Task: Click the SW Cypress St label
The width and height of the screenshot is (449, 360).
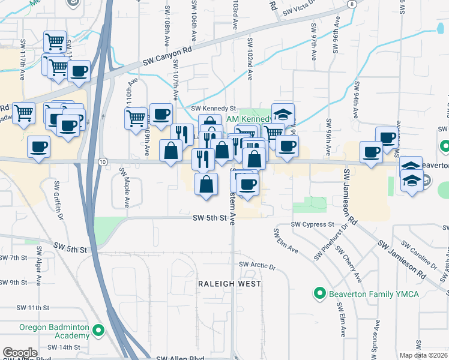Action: pyautogui.click(x=312, y=224)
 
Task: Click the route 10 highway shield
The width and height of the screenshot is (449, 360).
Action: pyautogui.click(x=103, y=161)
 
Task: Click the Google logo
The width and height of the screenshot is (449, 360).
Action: pyautogui.click(x=20, y=353)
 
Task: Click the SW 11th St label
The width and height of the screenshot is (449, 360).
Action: pyautogui.click(x=32, y=308)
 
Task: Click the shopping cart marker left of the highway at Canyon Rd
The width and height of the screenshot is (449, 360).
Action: pyautogui.click(x=55, y=41)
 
